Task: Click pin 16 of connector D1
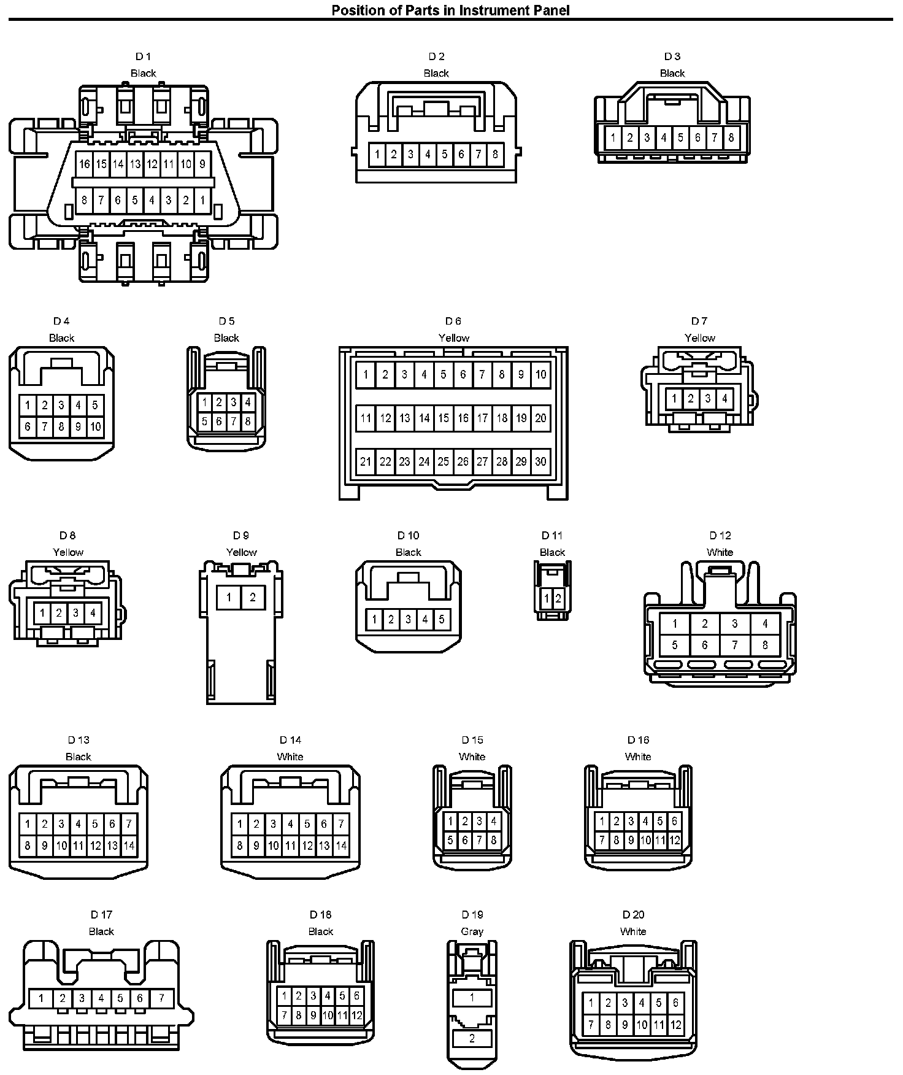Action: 84,164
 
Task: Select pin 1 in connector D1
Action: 202,200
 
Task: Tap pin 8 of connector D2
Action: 495,154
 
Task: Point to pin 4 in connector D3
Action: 663,137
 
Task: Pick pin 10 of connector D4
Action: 95,427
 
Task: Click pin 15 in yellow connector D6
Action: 444,418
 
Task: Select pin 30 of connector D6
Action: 540,461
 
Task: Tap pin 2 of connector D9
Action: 253,597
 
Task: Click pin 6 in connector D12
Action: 704,645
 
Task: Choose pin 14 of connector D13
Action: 129,846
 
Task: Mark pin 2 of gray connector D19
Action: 472,1039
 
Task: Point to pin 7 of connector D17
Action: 161,998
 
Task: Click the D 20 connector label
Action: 633,915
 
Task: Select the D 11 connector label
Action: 552,536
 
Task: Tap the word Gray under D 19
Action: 472,931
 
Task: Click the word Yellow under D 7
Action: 699,338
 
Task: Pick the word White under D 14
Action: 290,757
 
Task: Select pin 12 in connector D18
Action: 356,1015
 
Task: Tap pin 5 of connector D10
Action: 441,619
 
